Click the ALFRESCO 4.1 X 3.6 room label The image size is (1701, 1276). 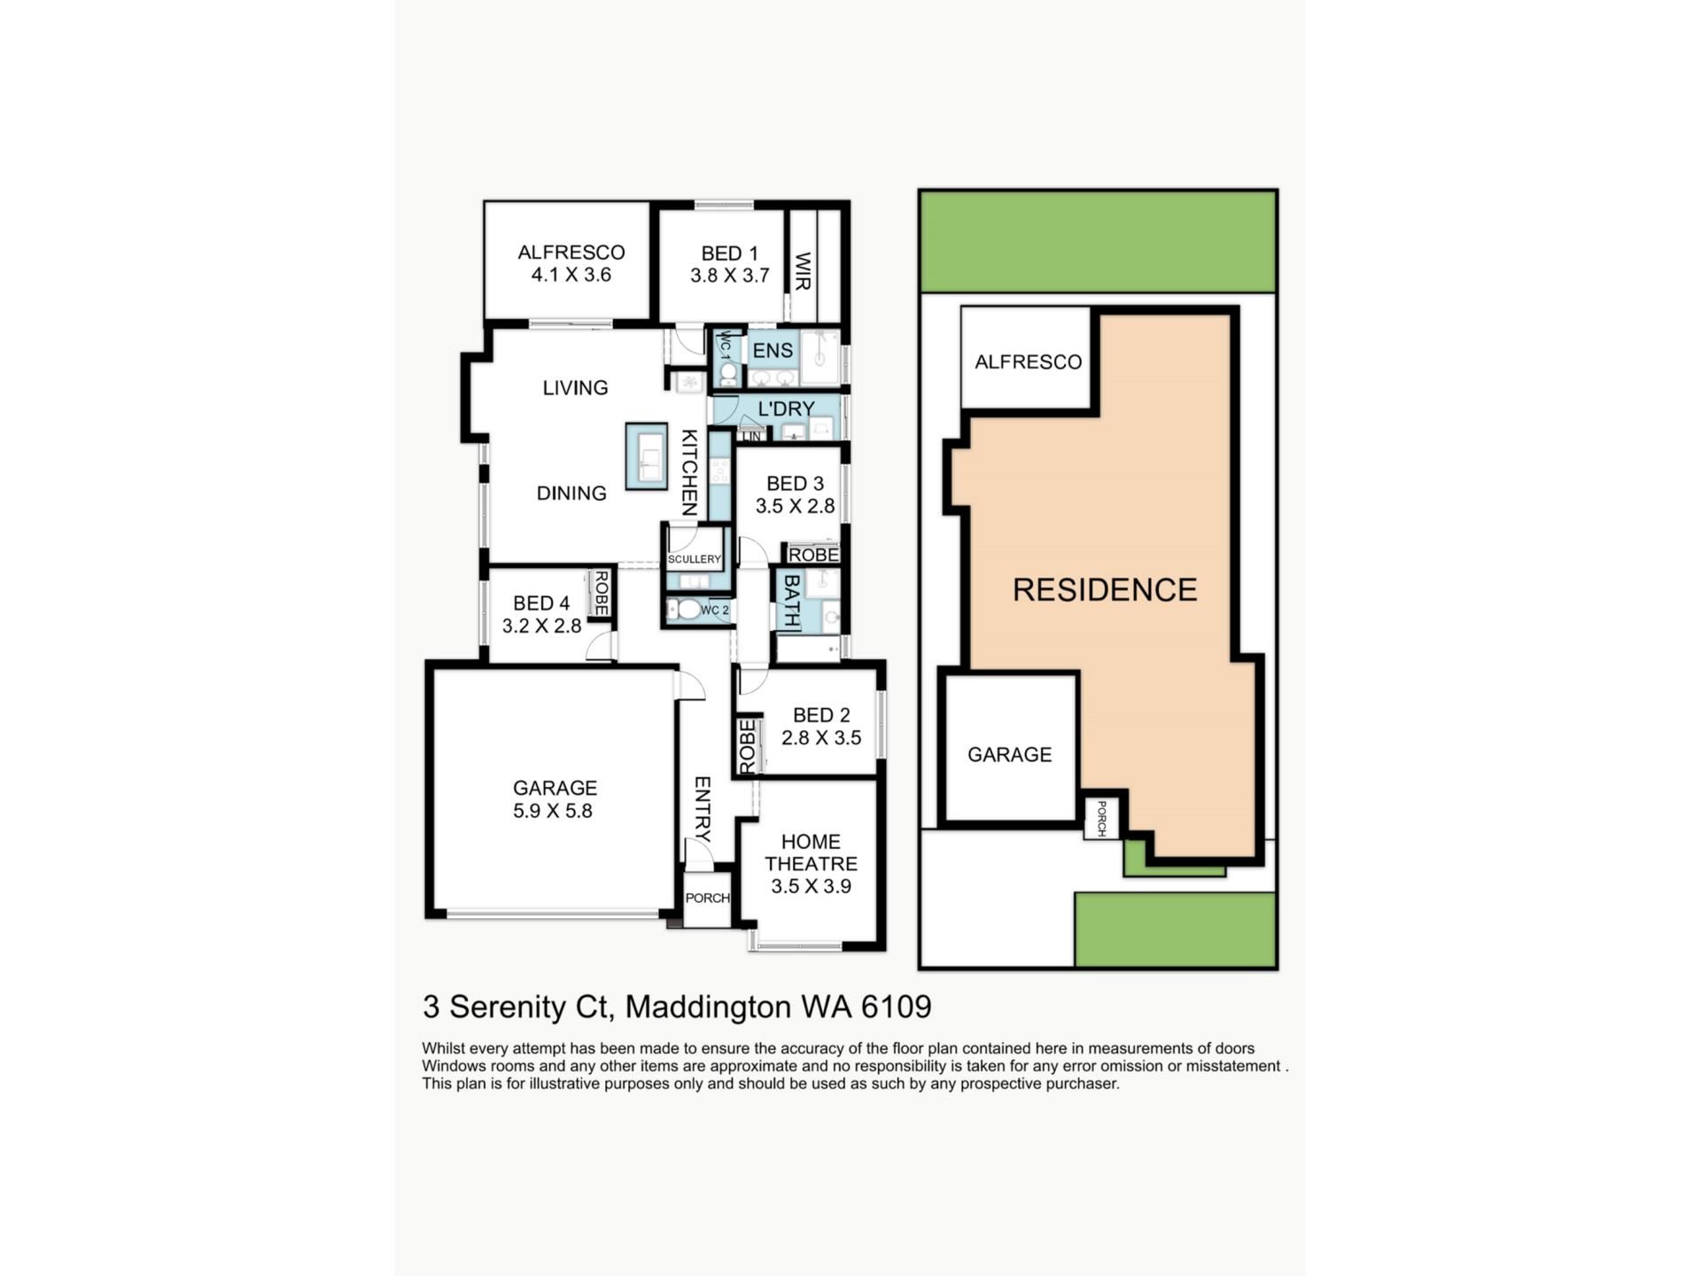click(571, 264)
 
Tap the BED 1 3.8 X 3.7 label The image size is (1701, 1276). click(729, 264)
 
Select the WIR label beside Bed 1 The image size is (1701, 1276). click(804, 271)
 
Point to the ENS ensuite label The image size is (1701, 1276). click(773, 350)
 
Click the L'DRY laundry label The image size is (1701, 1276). click(787, 408)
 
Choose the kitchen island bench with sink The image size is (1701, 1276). click(646, 456)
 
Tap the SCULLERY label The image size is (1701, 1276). click(695, 559)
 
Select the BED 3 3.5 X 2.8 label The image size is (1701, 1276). click(795, 494)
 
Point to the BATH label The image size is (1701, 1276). click(791, 601)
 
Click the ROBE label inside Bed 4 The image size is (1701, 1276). click(601, 593)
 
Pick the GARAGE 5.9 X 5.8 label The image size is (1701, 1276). click(555, 798)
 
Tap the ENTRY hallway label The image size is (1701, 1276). click(702, 809)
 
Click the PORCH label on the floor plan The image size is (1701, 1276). click(708, 898)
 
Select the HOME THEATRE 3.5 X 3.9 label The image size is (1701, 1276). click(811, 863)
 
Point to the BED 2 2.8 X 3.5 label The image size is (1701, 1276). click(821, 726)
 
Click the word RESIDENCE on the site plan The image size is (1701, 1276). click(1105, 589)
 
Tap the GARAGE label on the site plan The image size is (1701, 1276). click(1009, 754)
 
